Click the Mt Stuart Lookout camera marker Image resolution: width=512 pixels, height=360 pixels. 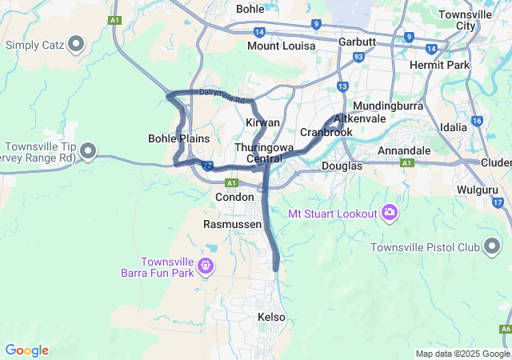(390, 213)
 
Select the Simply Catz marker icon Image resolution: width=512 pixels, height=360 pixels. (78, 43)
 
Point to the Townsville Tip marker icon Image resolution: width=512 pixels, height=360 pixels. (88, 150)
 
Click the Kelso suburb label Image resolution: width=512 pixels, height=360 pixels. (272, 318)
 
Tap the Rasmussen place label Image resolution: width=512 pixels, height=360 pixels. (233, 225)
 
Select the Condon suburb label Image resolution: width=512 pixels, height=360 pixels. (234, 197)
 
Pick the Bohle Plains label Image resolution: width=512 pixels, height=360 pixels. (179, 138)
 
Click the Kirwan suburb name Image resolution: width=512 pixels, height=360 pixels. (262, 122)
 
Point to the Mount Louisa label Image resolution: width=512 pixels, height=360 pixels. (274, 46)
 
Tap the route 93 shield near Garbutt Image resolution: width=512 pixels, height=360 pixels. (358, 57)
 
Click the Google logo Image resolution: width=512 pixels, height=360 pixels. (26, 350)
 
